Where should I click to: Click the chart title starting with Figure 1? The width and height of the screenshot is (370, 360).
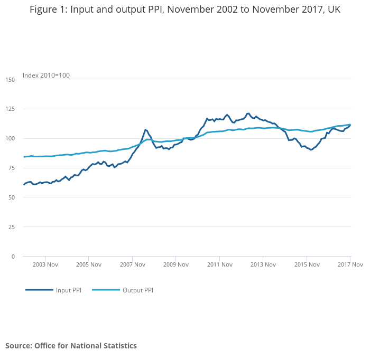[185, 10]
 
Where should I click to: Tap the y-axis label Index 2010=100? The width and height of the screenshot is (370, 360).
[46, 75]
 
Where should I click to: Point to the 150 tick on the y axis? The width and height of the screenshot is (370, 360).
[10, 80]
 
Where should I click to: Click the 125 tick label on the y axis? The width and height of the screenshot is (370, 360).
[10, 109]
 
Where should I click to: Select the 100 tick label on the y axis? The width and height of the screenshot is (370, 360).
[10, 139]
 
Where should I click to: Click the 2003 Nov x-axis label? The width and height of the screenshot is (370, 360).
[45, 264]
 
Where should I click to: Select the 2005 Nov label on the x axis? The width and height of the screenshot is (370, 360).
[89, 264]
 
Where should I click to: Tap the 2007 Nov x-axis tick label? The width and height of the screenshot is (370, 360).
[132, 264]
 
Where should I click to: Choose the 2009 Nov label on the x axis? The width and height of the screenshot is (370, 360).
[176, 264]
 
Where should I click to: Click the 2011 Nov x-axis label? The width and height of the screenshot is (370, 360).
[220, 264]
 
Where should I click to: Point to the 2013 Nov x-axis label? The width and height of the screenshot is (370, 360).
[263, 264]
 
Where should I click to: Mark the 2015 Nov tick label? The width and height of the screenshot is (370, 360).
[307, 264]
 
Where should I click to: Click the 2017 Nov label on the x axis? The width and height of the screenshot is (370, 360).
[350, 264]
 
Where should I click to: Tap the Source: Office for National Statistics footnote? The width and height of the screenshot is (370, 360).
[71, 346]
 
